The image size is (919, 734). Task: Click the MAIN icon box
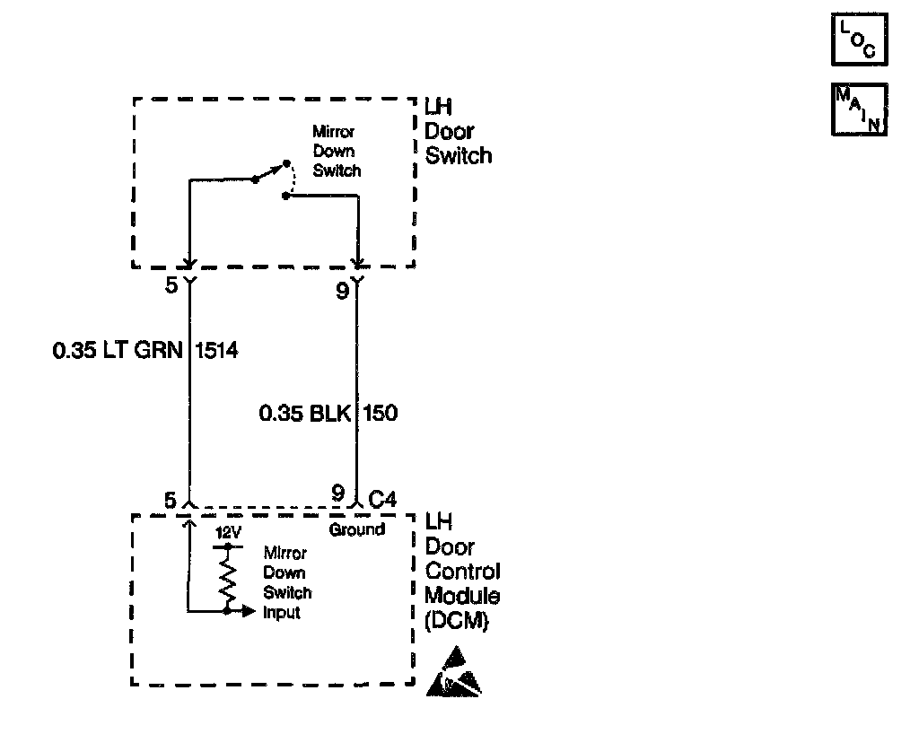click(x=859, y=109)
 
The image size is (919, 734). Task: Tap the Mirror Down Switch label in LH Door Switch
click(x=336, y=151)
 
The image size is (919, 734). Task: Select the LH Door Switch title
click(x=458, y=131)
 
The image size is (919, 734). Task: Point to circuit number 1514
click(x=216, y=352)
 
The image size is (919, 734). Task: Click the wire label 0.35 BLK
click(x=306, y=414)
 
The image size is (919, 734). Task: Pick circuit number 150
click(x=381, y=414)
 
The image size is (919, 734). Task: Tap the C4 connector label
click(x=383, y=494)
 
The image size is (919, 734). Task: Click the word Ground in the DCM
click(x=356, y=529)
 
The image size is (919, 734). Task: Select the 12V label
click(x=229, y=532)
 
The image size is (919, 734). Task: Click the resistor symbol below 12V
click(x=229, y=578)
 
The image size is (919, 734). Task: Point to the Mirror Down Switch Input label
click(x=287, y=583)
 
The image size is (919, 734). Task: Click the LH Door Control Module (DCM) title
click(x=461, y=571)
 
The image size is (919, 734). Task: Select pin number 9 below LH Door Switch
click(x=342, y=292)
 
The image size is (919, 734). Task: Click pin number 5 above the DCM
click(x=171, y=499)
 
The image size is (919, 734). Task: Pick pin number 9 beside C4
click(x=337, y=494)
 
